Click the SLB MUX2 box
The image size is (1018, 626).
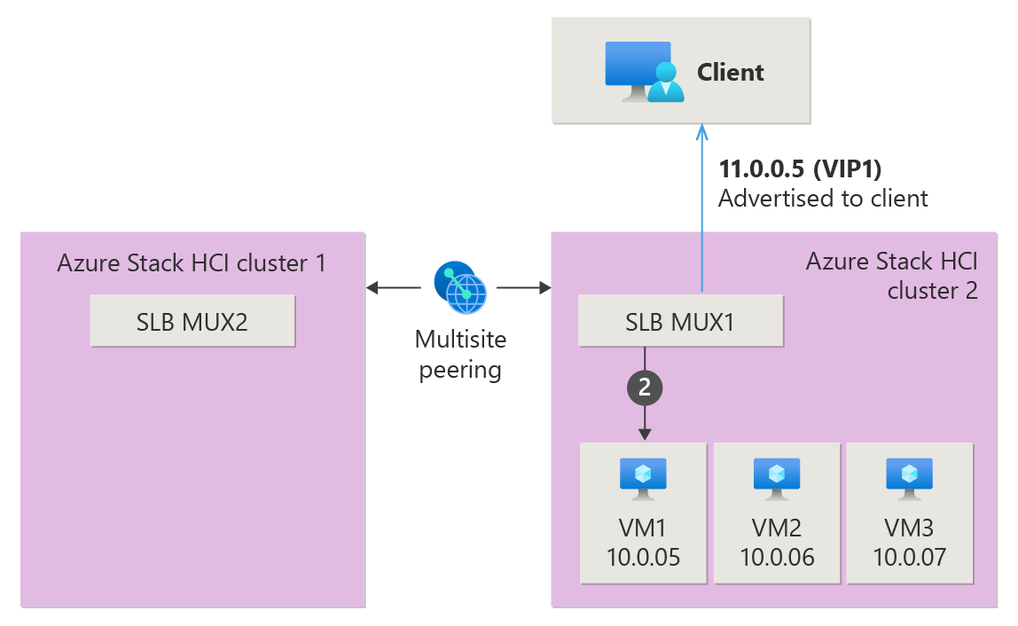[x=192, y=321]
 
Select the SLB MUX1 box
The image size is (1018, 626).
[x=680, y=321]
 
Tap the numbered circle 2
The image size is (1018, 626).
[x=645, y=387]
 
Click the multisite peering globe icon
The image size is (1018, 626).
[x=460, y=287]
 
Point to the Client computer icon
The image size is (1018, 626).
[x=644, y=72]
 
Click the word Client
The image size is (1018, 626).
[x=731, y=72]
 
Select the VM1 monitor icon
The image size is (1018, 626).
[x=643, y=479]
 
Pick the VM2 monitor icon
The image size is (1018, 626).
[x=777, y=479]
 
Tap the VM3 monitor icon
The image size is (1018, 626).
[x=910, y=479]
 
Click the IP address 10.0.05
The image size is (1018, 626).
[x=644, y=557]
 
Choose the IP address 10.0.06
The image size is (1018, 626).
[x=777, y=557]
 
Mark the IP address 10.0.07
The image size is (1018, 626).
[x=910, y=557]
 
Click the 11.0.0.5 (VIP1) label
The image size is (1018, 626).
[x=800, y=168]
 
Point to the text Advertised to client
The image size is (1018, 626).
[x=823, y=198]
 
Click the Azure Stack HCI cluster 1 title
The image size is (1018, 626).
[x=192, y=263]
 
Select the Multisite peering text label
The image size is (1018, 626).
[x=460, y=354]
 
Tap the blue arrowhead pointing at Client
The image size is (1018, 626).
[x=701, y=132]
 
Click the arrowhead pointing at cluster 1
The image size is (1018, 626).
[x=372, y=287]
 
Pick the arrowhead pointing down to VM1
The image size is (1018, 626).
[x=645, y=434]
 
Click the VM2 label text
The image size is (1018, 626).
[x=777, y=528]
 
